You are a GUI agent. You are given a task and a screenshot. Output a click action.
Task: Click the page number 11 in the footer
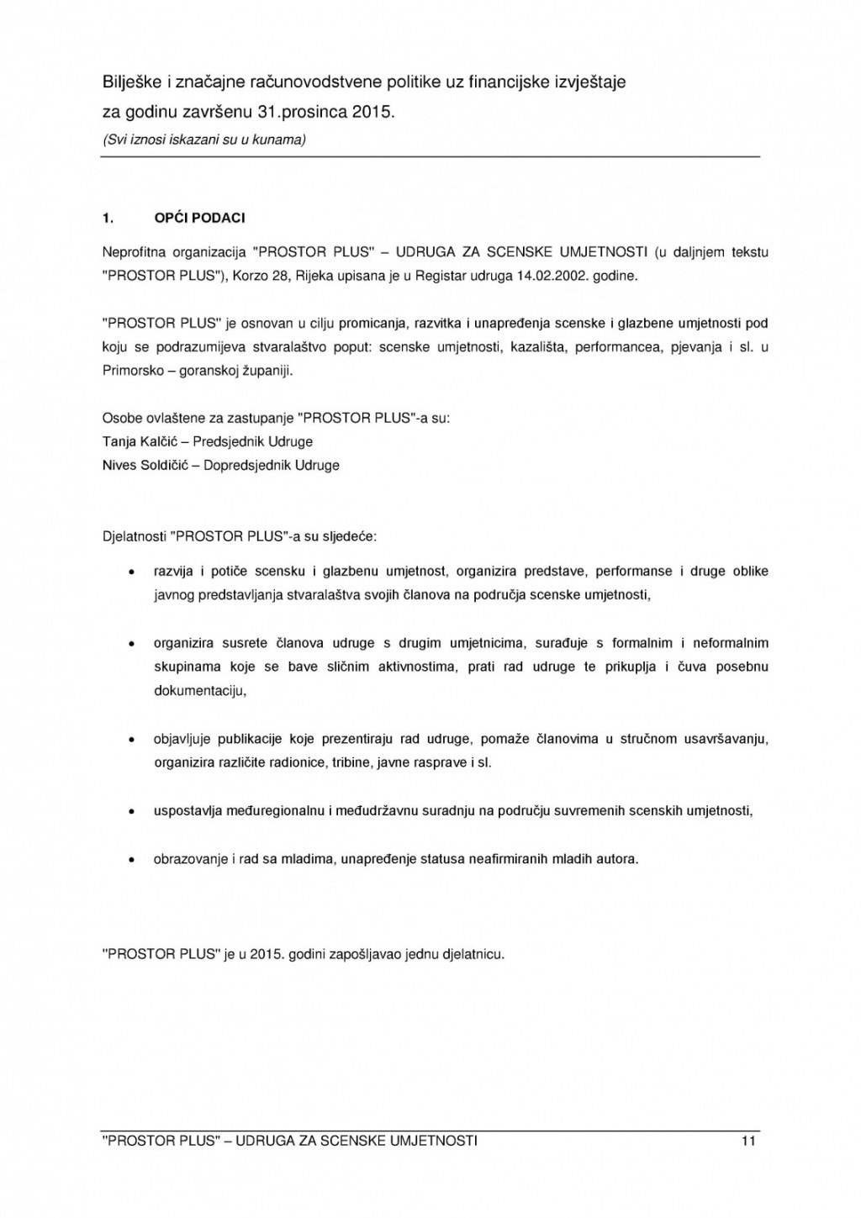pos(748,1141)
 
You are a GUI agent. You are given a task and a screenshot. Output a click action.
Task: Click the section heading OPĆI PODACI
pos(199,219)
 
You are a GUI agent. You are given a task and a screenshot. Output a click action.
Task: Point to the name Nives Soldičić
pos(139,465)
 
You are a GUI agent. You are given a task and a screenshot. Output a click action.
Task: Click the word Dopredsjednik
pos(240,465)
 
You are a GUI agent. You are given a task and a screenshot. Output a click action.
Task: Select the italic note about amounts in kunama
pos(203,140)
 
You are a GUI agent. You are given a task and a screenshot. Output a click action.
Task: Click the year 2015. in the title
pos(373,111)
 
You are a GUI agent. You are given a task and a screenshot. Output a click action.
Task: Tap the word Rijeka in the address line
pos(312,276)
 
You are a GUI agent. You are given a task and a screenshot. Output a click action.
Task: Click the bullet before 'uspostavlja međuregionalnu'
pos(131,812)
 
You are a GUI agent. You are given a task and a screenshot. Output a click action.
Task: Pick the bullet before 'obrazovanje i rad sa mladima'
pos(131,860)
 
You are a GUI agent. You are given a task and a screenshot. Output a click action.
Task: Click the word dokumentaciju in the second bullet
pos(200,691)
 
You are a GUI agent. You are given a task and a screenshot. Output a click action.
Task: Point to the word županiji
pos(267,371)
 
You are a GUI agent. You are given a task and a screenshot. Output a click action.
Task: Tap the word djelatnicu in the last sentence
pos(473,954)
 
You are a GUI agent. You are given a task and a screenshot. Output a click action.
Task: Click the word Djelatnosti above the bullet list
pos(133,535)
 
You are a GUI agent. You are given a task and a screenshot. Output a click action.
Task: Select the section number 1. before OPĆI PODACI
pos(108,219)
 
